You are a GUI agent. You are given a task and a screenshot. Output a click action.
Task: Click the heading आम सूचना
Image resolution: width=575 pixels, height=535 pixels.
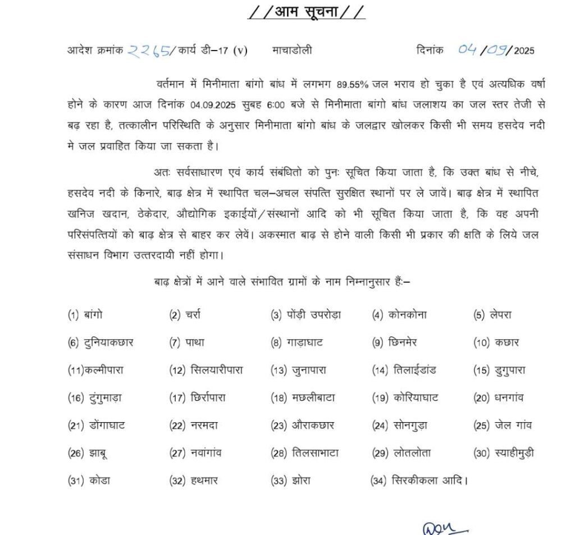pos(306,12)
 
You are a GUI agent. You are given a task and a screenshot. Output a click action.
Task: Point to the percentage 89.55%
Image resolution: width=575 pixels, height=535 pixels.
pos(352,84)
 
